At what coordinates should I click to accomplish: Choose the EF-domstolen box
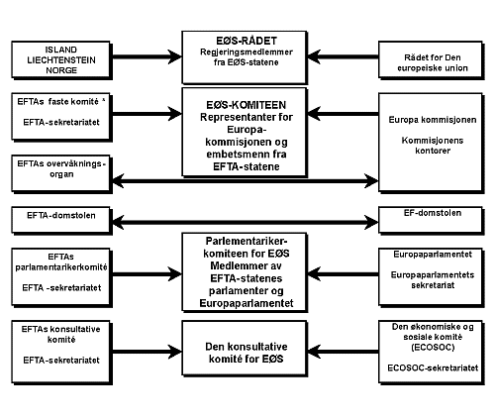click(433, 214)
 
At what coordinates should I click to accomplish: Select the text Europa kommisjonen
click(433, 119)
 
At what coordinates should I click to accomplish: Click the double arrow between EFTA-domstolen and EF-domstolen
click(247, 214)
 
